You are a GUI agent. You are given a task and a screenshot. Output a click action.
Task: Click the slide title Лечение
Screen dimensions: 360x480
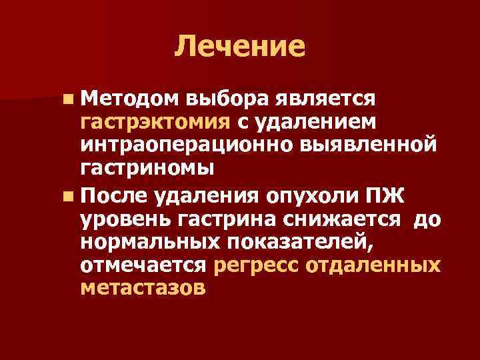pyautogui.click(x=240, y=46)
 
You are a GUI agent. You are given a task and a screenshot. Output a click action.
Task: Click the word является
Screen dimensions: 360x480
pyautogui.click(x=325, y=100)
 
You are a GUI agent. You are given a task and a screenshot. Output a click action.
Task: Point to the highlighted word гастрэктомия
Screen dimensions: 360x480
pyautogui.click(x=155, y=123)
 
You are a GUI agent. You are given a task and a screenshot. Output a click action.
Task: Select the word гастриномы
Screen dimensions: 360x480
pyautogui.click(x=147, y=168)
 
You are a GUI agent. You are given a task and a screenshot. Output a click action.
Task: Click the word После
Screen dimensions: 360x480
pyautogui.click(x=115, y=197)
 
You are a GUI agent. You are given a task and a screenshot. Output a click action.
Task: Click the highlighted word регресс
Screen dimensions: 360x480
pyautogui.click(x=256, y=265)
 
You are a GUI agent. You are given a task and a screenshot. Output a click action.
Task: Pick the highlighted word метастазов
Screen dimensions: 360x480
pyautogui.click(x=143, y=288)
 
